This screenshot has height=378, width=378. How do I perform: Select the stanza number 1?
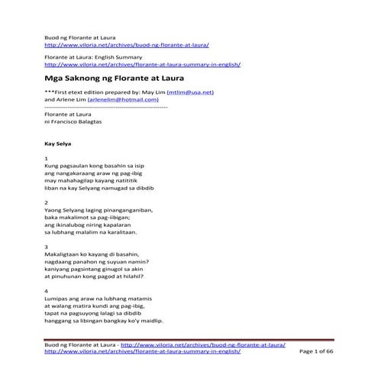coord(47,159)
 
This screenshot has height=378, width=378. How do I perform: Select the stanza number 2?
coord(47,203)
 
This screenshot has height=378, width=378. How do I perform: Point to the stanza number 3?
coord(47,247)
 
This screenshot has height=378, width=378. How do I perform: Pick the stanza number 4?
coord(47,291)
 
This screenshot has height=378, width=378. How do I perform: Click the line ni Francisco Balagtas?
coord(77,121)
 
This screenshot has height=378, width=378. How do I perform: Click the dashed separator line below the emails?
coord(106,107)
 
